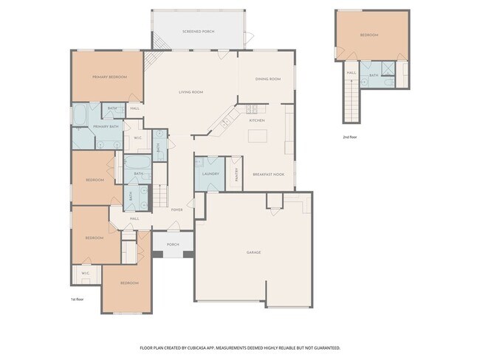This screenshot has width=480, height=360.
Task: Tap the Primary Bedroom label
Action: (x=109, y=77)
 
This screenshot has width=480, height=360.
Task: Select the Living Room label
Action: (x=191, y=92)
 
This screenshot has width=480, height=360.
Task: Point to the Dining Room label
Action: (x=267, y=79)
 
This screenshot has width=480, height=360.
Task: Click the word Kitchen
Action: (x=257, y=120)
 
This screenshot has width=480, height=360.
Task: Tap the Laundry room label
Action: (x=210, y=173)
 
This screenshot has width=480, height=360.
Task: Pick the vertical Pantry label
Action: (x=236, y=174)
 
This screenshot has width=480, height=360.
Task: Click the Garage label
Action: (x=253, y=252)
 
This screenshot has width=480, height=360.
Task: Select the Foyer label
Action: (x=176, y=210)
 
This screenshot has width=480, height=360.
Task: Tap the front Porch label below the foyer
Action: (x=173, y=244)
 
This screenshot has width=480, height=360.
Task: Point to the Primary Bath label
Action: (x=106, y=127)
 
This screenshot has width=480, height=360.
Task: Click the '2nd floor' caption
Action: (x=350, y=137)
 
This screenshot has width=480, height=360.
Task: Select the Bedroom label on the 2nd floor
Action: (x=369, y=35)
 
